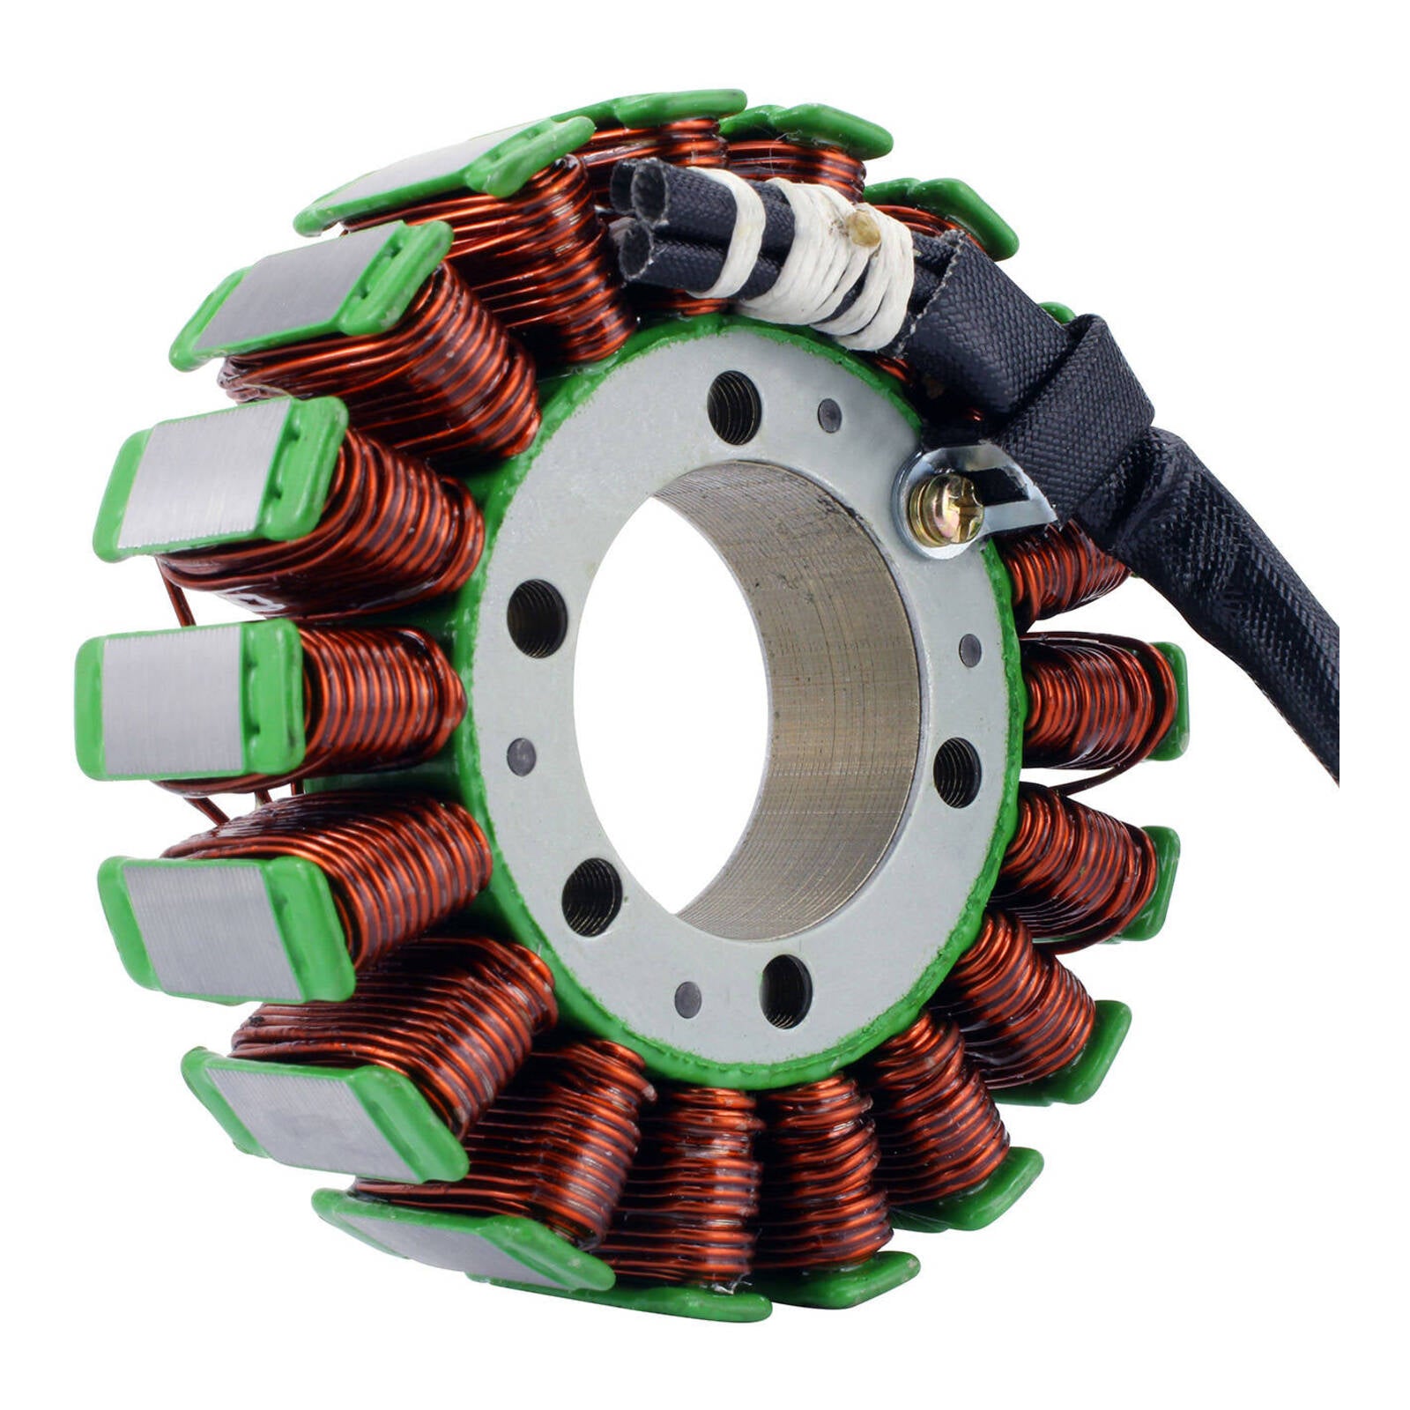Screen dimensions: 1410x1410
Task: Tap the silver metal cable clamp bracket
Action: click(1013, 493)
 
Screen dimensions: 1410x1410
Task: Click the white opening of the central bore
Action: click(670, 705)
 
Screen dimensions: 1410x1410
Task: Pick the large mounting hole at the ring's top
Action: click(733, 407)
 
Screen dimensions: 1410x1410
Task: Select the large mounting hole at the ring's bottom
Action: click(785, 991)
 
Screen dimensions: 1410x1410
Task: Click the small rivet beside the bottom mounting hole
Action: click(687, 998)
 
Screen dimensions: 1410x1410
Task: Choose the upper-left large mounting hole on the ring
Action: click(537, 618)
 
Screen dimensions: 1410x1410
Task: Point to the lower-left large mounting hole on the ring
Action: click(591, 896)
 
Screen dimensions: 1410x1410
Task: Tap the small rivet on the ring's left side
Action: click(521, 756)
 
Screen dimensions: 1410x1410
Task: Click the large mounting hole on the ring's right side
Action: click(957, 773)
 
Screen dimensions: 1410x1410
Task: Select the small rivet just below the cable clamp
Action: click(970, 650)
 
